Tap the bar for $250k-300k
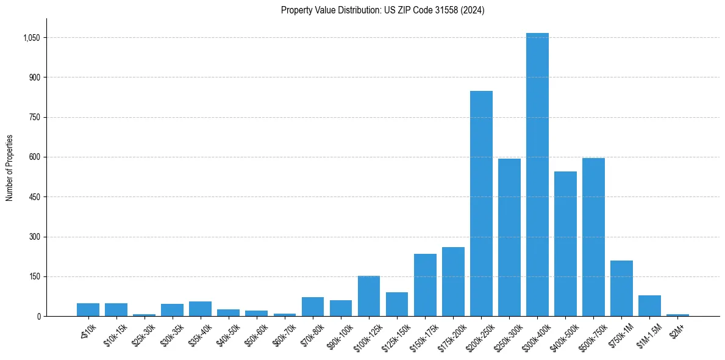(509, 237)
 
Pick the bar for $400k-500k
(565, 244)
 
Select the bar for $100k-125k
(369, 296)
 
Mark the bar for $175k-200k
(453, 281)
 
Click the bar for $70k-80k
(313, 306)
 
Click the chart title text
(382, 10)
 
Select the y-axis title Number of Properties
(10, 168)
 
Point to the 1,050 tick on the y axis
(31, 38)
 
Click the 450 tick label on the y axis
(34, 197)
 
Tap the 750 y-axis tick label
(34, 117)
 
